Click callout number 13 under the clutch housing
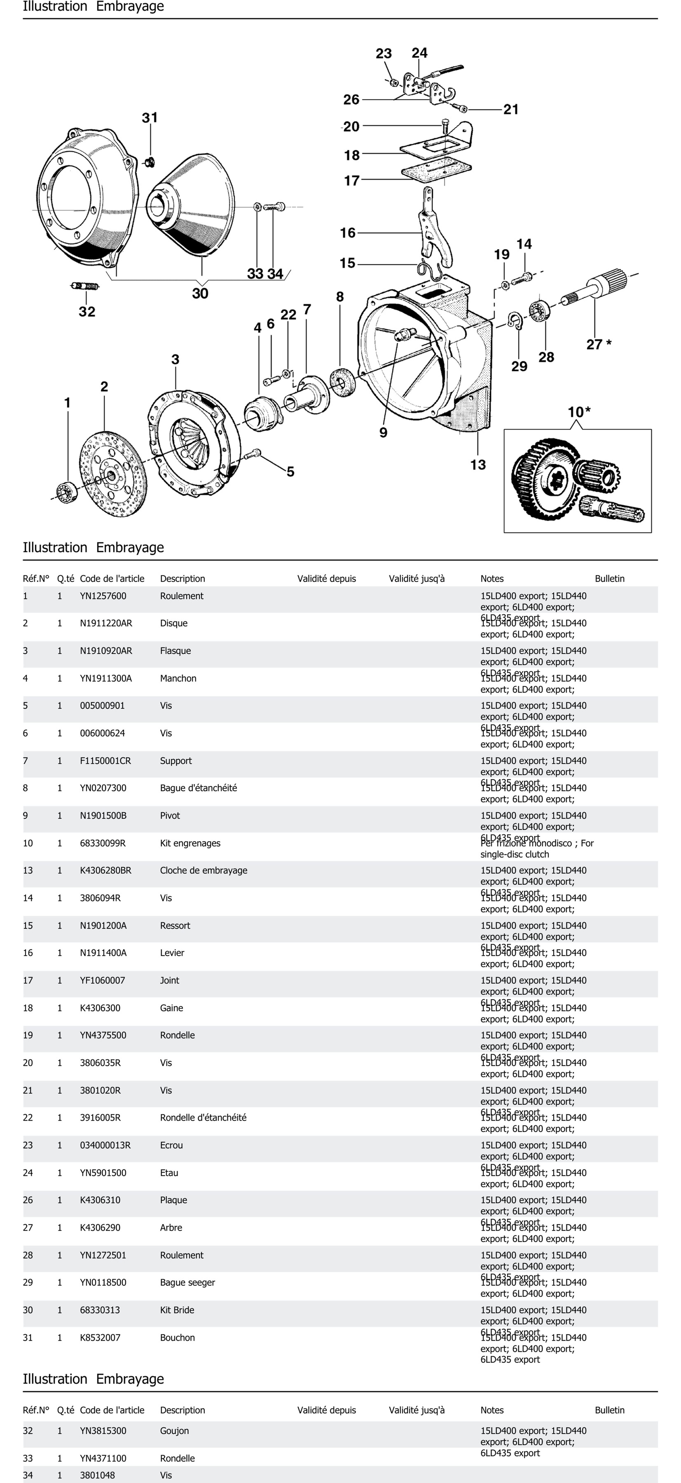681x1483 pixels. pyautogui.click(x=478, y=465)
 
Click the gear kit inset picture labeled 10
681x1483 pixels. pyautogui.click(x=577, y=481)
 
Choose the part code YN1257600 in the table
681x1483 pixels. pyautogui.click(x=103, y=596)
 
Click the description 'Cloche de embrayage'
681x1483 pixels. pyautogui.click(x=204, y=870)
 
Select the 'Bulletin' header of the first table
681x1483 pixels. pyautogui.click(x=610, y=579)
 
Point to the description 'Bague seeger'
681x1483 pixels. pyautogui.click(x=188, y=1283)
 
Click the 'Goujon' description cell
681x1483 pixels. pyautogui.click(x=174, y=1431)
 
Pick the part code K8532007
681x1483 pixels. pyautogui.click(x=100, y=1337)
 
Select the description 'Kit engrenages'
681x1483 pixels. pyautogui.click(x=190, y=843)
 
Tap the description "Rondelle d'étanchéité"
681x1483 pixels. pyautogui.click(x=203, y=1118)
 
